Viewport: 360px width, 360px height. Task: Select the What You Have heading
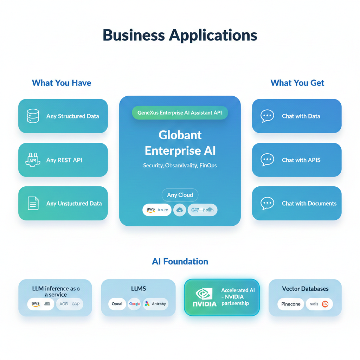pyautogui.click(x=62, y=83)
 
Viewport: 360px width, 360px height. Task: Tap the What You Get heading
pyautogui.click(x=297, y=83)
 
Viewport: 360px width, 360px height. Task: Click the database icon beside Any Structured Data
pyautogui.click(x=33, y=116)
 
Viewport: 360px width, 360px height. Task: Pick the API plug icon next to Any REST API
pyautogui.click(x=33, y=160)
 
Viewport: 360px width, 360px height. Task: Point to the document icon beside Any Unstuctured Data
pyautogui.click(x=33, y=203)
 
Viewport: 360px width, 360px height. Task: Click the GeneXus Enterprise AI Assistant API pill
pyautogui.click(x=180, y=113)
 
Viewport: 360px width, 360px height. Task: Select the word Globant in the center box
pyautogui.click(x=180, y=135)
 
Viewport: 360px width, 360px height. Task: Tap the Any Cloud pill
pyautogui.click(x=180, y=195)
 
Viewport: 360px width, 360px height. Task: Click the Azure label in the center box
pyautogui.click(x=163, y=210)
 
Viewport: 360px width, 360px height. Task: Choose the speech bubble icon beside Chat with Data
pyautogui.click(x=267, y=116)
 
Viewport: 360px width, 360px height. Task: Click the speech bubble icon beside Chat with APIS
pyautogui.click(x=267, y=160)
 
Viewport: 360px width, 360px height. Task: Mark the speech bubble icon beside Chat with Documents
pyautogui.click(x=267, y=203)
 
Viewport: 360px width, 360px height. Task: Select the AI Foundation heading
pyautogui.click(x=180, y=262)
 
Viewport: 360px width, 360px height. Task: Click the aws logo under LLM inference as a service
pyautogui.click(x=36, y=304)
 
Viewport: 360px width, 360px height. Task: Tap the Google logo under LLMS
pyautogui.click(x=134, y=304)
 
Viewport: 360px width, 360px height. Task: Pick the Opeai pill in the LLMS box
pyautogui.click(x=117, y=304)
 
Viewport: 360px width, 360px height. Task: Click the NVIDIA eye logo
pyautogui.click(x=204, y=294)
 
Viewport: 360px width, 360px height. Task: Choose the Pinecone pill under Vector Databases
pyautogui.click(x=291, y=304)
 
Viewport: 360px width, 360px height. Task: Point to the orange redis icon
pyautogui.click(x=325, y=304)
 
